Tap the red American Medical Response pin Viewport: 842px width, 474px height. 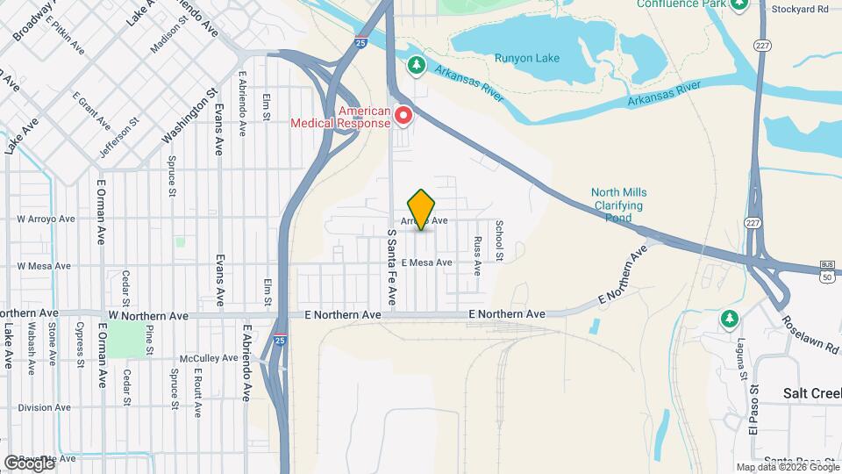403,115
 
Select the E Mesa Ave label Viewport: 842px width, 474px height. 426,262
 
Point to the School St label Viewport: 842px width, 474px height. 499,241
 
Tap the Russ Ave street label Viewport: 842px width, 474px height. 477,255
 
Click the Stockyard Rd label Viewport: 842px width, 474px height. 800,9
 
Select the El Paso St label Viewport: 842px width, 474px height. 753,413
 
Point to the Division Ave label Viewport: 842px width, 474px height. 44,407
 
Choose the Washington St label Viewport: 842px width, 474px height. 189,116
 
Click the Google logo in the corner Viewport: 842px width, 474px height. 29,463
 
